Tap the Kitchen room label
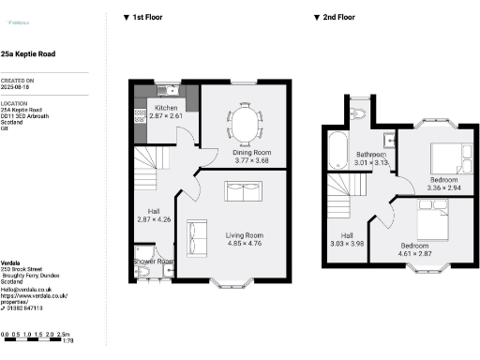click(x=166, y=109)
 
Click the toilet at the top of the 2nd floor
click(x=363, y=113)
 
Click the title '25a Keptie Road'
click(x=28, y=55)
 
